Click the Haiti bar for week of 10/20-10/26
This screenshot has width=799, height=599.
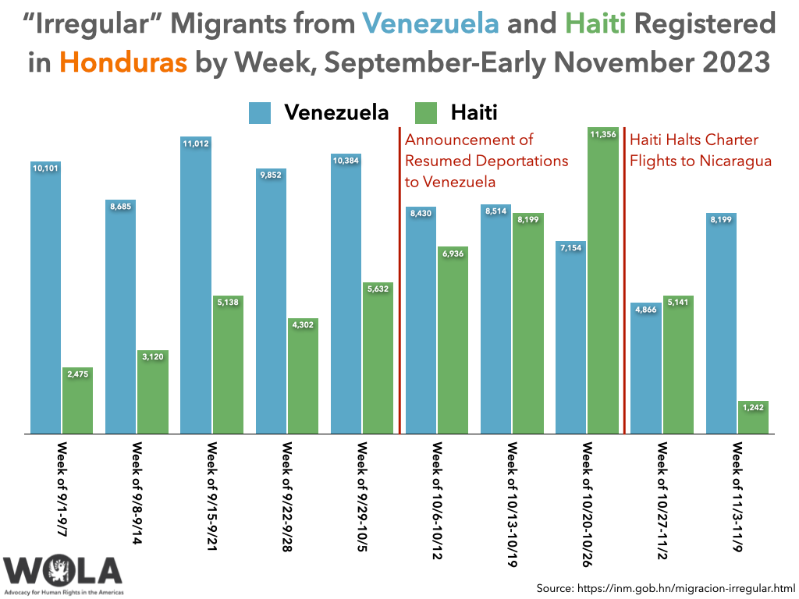coord(602,281)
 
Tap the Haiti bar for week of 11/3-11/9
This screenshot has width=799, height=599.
coord(753,417)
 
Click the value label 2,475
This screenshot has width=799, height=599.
coord(77,374)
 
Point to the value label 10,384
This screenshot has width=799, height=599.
coord(346,160)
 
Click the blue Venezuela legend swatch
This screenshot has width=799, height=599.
coord(260,112)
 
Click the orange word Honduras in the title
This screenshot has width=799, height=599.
coord(123,62)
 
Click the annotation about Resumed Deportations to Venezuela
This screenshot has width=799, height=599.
coord(486,161)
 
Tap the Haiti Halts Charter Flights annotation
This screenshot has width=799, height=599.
coord(700,151)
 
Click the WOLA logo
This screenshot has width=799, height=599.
coord(62,573)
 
